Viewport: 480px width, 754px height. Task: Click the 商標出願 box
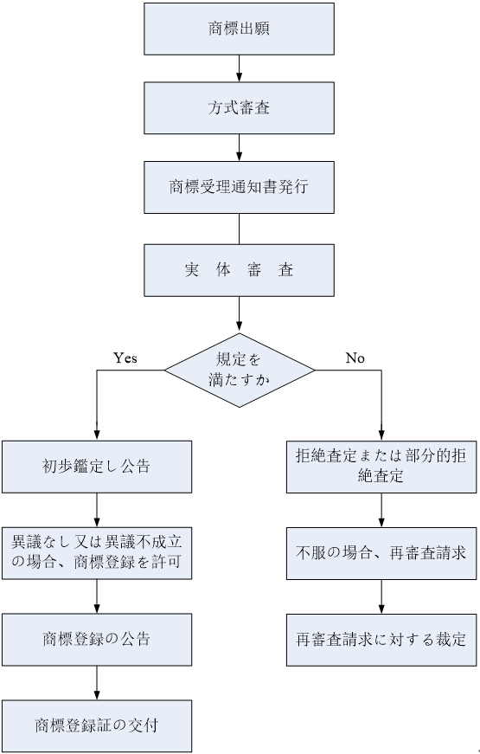pyautogui.click(x=239, y=29)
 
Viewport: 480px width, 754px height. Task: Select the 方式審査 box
pyautogui.click(x=239, y=107)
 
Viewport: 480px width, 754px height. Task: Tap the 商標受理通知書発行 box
pyautogui.click(x=239, y=187)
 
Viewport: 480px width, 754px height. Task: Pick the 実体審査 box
pyautogui.click(x=239, y=270)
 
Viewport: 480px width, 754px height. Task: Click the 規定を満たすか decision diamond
pyautogui.click(x=240, y=371)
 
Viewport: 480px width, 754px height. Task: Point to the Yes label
pyautogui.click(x=125, y=358)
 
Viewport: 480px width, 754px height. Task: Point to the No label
pyautogui.click(x=355, y=358)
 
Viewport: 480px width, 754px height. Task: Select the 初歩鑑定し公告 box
pyautogui.click(x=97, y=467)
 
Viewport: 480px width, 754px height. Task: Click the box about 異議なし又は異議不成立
pyautogui.click(x=97, y=553)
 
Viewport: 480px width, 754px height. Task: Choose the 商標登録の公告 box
pyautogui.click(x=97, y=639)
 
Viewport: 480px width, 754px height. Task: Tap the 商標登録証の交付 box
pyautogui.click(x=97, y=725)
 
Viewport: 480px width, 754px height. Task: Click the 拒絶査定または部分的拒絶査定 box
pyautogui.click(x=381, y=467)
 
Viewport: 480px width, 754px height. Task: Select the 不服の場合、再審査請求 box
pyautogui.click(x=381, y=553)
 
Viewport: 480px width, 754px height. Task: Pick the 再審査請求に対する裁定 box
pyautogui.click(x=381, y=640)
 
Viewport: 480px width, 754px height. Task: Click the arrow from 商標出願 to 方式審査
pyautogui.click(x=240, y=68)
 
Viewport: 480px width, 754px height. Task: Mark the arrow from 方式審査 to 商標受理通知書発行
pyautogui.click(x=240, y=147)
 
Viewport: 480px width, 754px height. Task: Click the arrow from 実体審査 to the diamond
pyautogui.click(x=240, y=314)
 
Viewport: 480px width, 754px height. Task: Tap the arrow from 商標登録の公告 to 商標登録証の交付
pyautogui.click(x=97, y=682)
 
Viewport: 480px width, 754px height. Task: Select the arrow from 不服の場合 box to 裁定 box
pyautogui.click(x=381, y=596)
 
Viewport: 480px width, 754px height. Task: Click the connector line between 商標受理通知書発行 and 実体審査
pyautogui.click(x=240, y=229)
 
